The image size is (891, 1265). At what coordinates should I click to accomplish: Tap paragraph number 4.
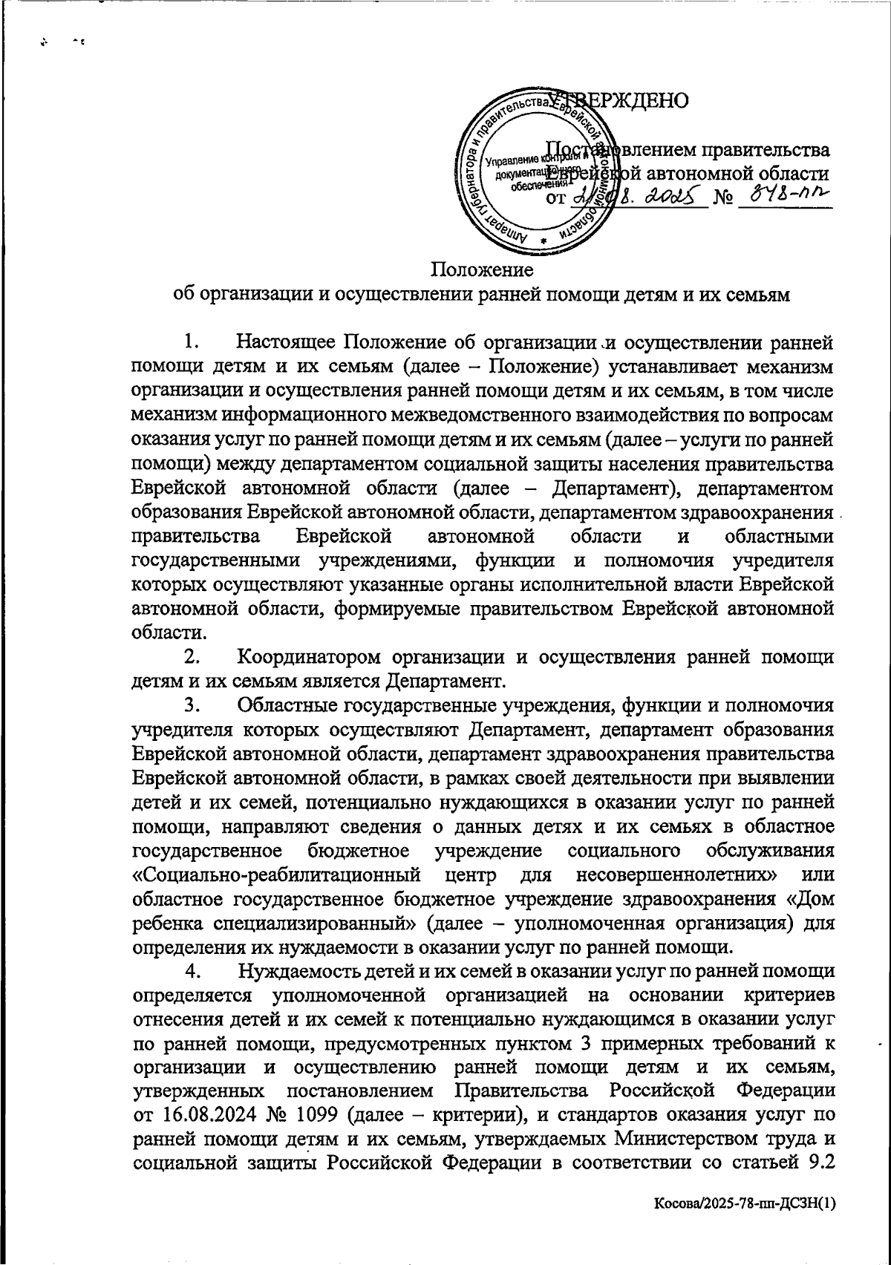tap(192, 971)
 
